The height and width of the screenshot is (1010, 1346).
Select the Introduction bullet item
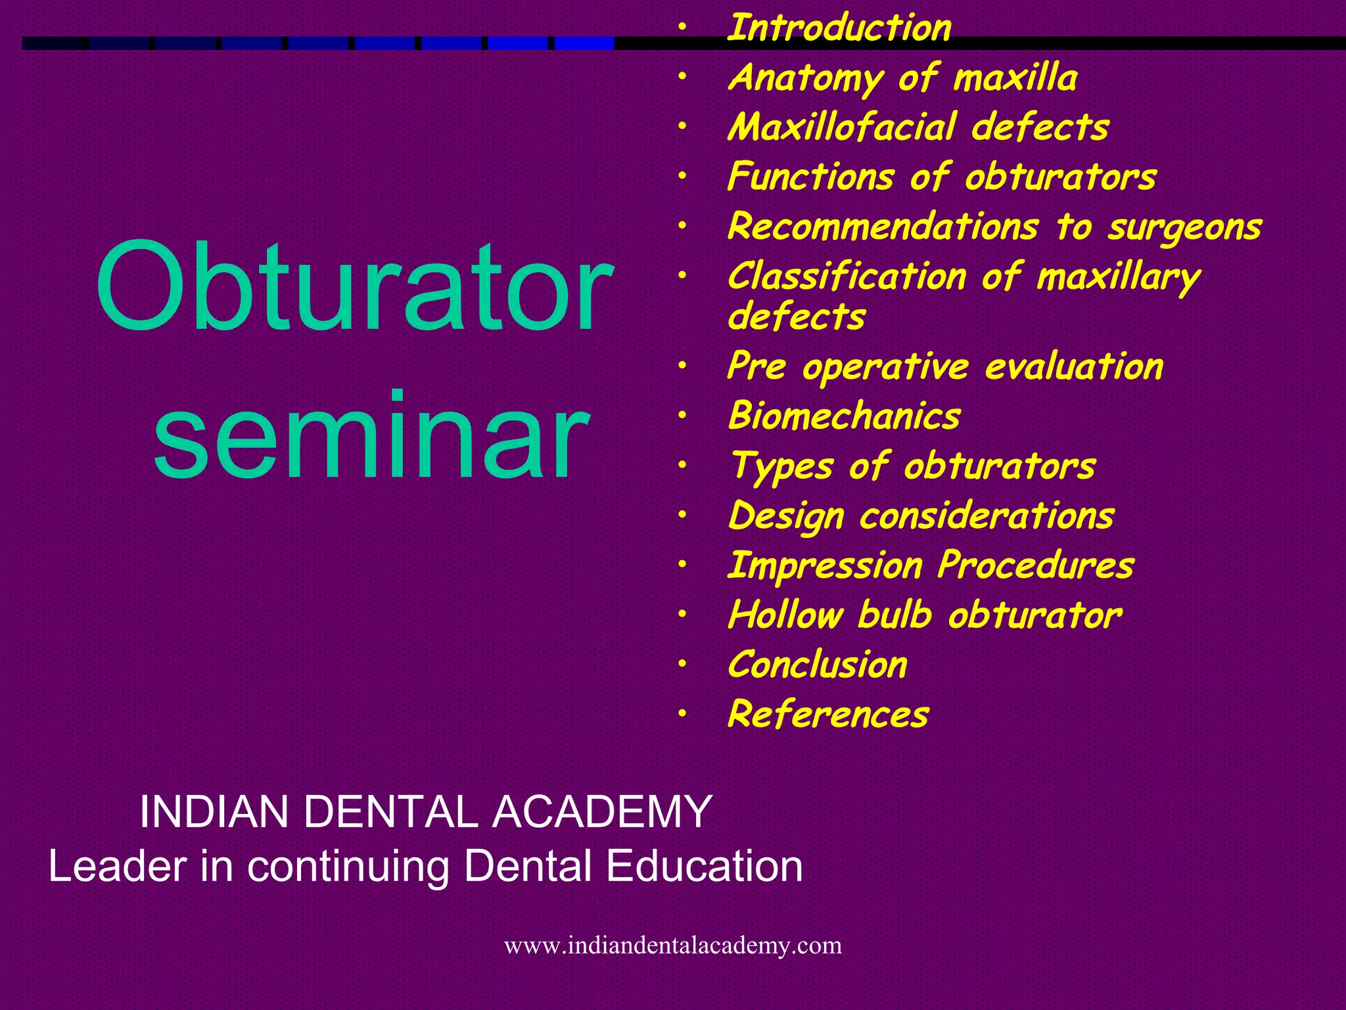tap(839, 28)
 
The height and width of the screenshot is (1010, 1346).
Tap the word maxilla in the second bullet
tap(1015, 78)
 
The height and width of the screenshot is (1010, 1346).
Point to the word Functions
tap(810, 177)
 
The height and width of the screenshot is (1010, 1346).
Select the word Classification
tap(847, 276)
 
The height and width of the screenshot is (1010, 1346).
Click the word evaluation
tap(1074, 366)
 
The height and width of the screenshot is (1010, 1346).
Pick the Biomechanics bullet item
tap(845, 416)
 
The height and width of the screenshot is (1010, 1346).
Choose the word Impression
tap(825, 565)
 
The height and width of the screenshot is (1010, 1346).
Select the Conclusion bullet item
tap(818, 665)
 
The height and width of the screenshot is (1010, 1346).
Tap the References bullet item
tap(828, 715)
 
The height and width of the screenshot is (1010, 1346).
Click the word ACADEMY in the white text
tap(602, 811)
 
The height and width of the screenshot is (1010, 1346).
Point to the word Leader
tap(117, 866)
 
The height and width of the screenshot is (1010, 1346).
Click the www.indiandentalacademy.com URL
tap(672, 946)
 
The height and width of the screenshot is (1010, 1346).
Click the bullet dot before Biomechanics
tap(683, 416)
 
